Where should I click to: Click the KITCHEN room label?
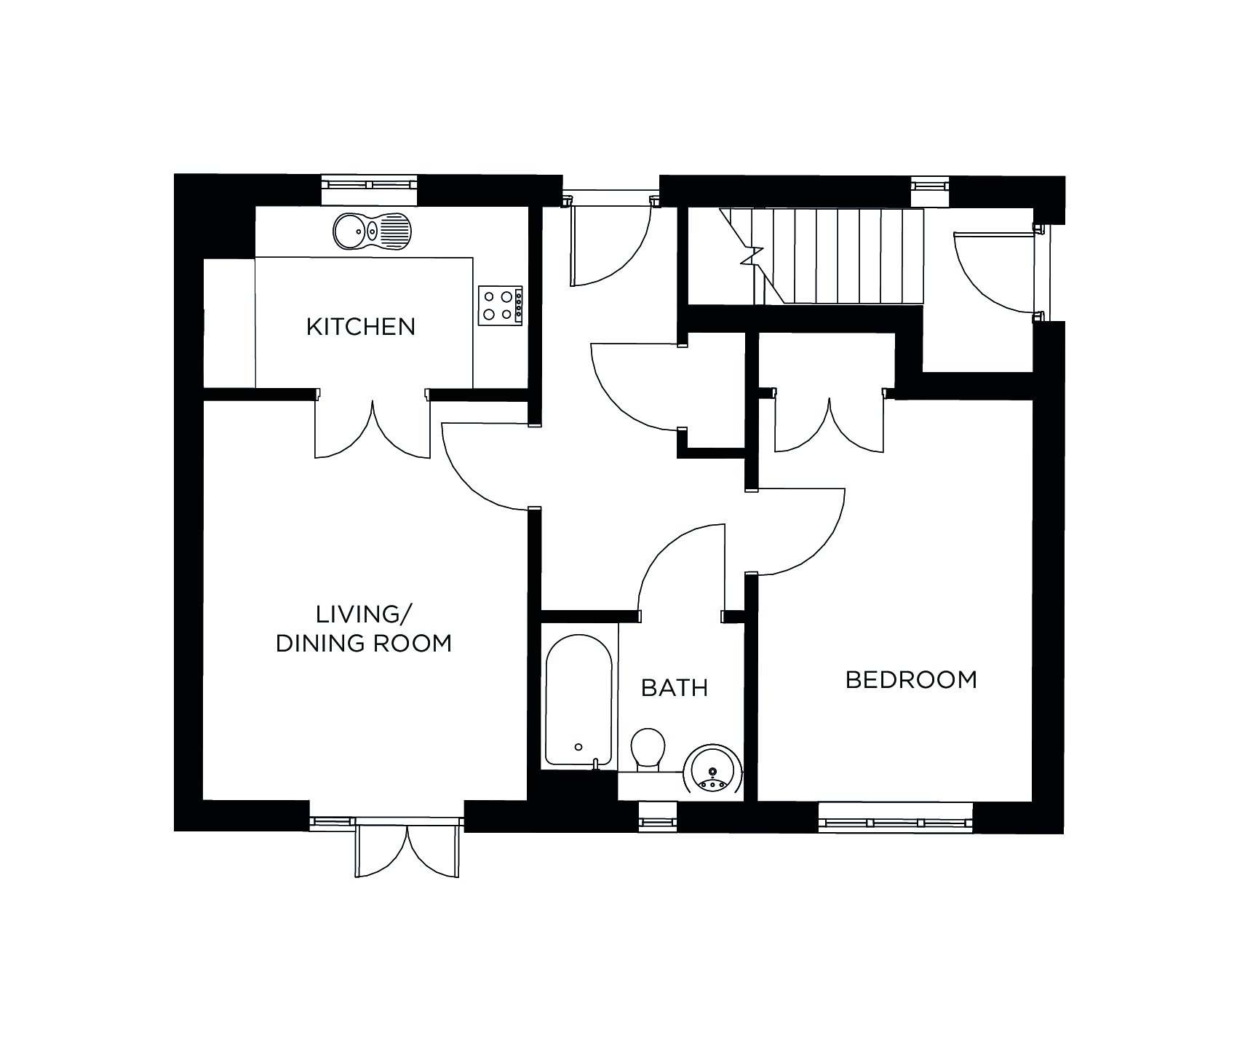[360, 326]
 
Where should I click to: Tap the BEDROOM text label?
[910, 680]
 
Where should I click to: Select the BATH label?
[674, 687]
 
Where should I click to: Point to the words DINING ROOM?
[363, 644]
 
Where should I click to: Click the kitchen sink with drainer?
[372, 232]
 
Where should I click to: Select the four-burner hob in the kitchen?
[501, 304]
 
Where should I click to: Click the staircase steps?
[837, 256]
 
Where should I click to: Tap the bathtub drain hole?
[578, 747]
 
